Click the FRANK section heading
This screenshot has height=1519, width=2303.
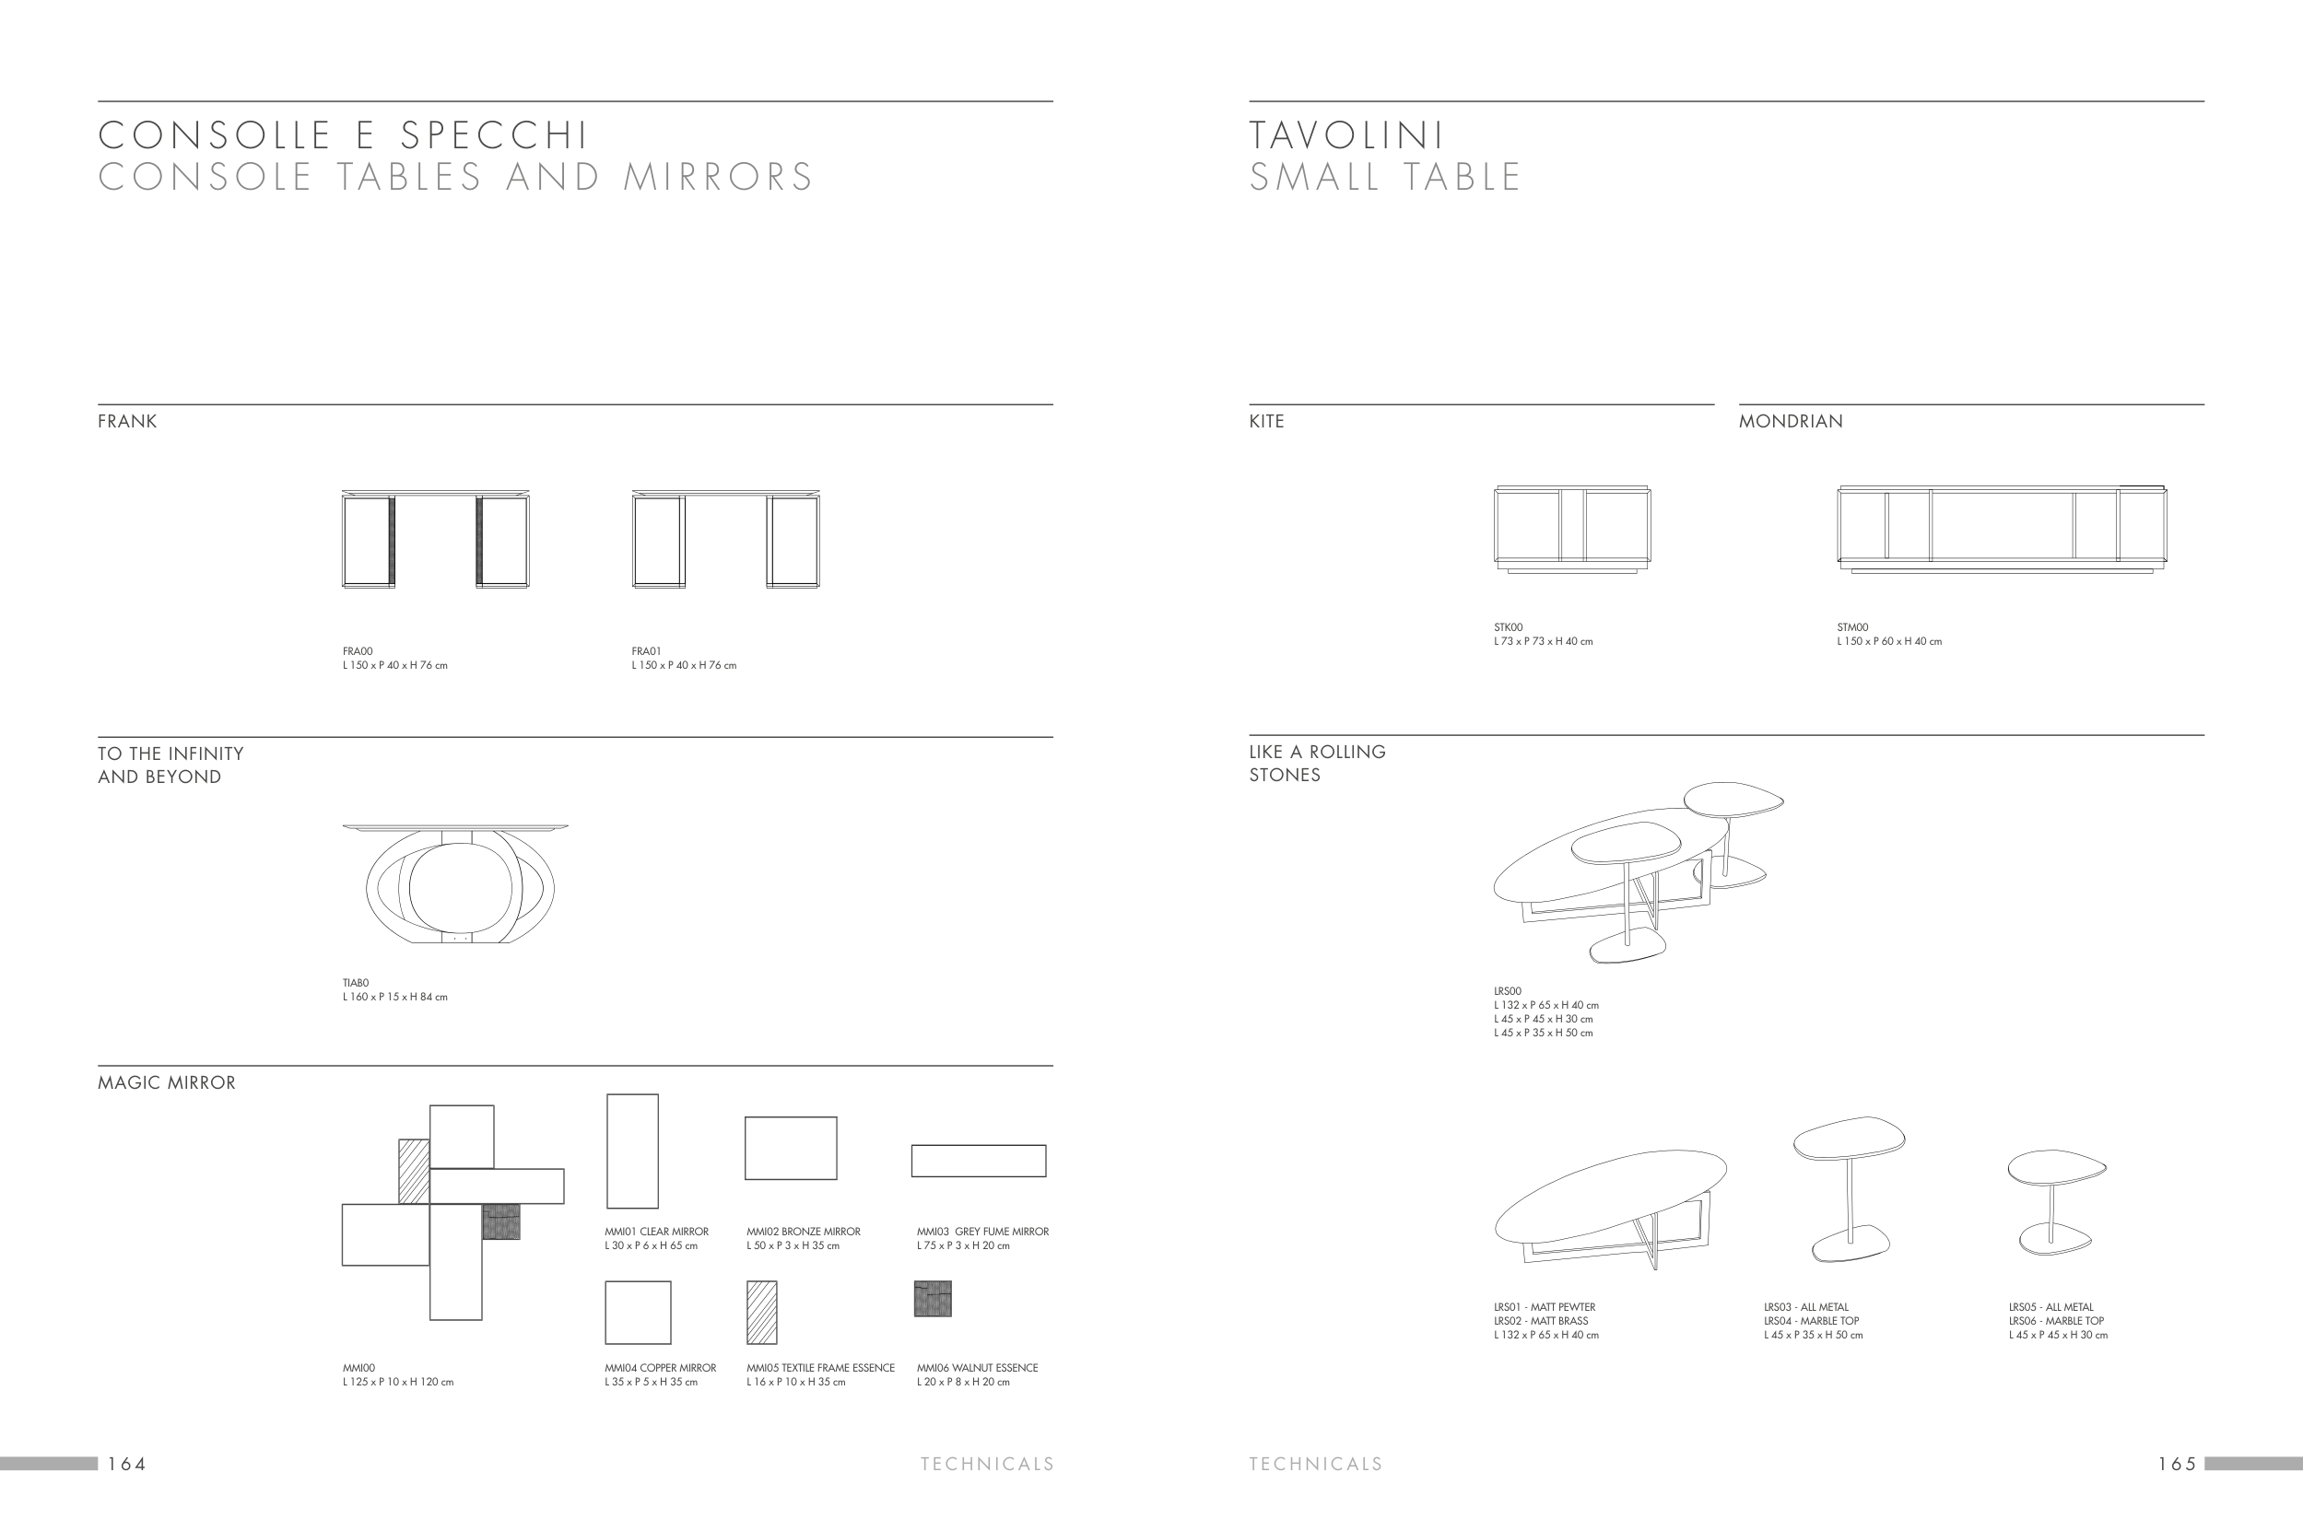tap(127, 421)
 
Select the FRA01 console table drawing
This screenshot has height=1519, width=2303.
tap(725, 539)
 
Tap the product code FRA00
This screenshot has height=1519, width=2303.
tap(358, 652)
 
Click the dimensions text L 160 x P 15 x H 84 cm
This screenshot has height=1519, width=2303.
tap(394, 997)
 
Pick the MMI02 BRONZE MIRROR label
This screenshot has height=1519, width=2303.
tap(804, 1233)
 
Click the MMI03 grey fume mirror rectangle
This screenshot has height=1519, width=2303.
tap(979, 1161)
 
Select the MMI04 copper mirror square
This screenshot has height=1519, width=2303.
tap(638, 1313)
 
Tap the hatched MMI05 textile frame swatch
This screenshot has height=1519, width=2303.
tap(761, 1313)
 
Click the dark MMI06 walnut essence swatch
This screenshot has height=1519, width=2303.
tap(932, 1299)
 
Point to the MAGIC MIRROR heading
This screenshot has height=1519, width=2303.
tap(167, 1083)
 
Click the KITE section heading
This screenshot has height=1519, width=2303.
tap(1266, 421)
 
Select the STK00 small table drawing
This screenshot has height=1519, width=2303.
tap(1571, 528)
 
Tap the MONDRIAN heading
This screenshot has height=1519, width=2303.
tap(1791, 421)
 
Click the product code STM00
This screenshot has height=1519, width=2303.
tap(1852, 627)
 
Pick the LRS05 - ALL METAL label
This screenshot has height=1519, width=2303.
tap(2051, 1307)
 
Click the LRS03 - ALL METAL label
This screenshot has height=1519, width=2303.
tap(1806, 1307)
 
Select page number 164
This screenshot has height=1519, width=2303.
tap(127, 1464)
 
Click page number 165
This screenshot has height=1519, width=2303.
tap(2176, 1464)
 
